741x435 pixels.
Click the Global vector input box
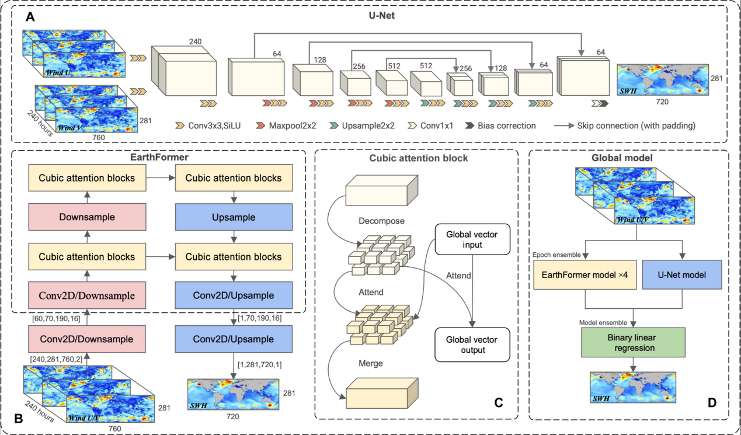472,239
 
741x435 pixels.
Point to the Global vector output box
472,344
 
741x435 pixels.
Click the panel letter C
498,402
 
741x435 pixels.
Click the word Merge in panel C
371,363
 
